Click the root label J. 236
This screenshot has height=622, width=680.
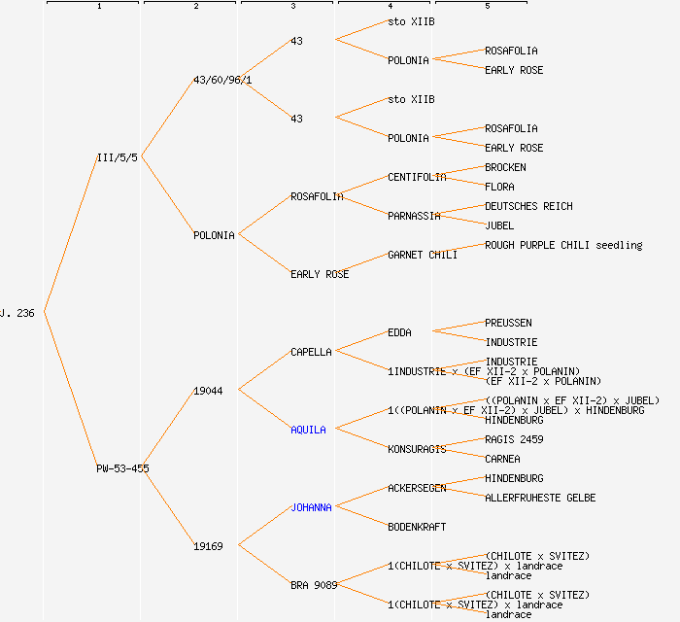tap(17, 313)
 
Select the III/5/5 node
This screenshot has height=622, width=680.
tap(118, 157)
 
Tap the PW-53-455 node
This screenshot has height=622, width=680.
tap(122, 468)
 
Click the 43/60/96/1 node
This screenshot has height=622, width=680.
tap(222, 80)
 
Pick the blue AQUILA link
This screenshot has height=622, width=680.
tap(308, 430)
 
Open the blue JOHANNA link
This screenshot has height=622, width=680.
tap(311, 507)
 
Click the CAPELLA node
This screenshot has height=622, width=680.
tap(311, 352)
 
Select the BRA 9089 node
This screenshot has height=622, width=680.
tap(314, 585)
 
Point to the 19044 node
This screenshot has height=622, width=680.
tap(208, 391)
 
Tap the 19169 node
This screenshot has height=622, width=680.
tap(208, 546)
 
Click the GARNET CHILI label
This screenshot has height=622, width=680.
tap(423, 255)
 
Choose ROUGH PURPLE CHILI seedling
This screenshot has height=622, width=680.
tap(563, 245)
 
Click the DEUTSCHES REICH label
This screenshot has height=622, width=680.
tap(528, 206)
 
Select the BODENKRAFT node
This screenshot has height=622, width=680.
tap(417, 527)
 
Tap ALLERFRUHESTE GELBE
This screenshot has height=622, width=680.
tap(540, 498)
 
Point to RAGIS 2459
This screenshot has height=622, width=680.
tap(514, 439)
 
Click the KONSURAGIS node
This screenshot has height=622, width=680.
tap(417, 449)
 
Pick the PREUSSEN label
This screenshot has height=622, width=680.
tap(508, 323)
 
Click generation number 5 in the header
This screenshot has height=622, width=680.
tap(488, 7)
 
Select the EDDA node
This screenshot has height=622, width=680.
tap(399, 332)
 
